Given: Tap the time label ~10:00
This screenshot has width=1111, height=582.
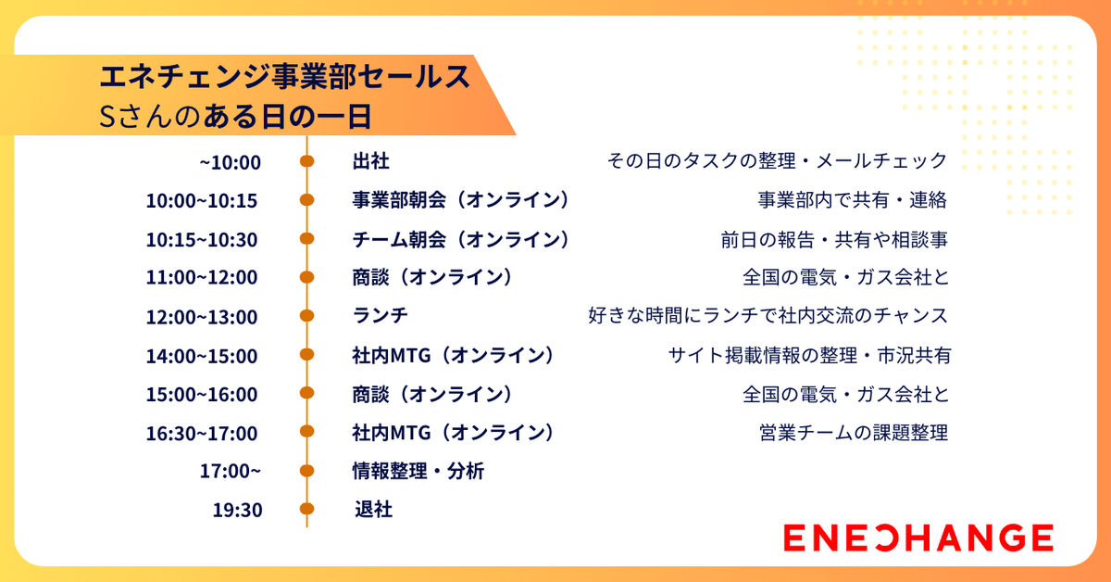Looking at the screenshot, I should (x=231, y=162).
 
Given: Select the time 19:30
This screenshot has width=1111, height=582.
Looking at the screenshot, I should (x=237, y=510).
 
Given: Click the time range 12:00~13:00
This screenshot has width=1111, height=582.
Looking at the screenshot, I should (x=202, y=317).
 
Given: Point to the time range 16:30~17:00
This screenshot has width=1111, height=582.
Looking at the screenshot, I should (x=202, y=433).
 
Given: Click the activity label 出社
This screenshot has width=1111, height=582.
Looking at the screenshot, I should (x=370, y=161).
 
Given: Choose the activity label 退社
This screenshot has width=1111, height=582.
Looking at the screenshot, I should (x=373, y=510).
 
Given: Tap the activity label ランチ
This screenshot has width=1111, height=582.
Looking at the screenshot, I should (x=380, y=316).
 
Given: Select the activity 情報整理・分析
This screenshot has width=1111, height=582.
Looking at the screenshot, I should (x=418, y=471).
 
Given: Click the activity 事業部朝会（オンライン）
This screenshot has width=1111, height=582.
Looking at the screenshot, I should (x=460, y=200).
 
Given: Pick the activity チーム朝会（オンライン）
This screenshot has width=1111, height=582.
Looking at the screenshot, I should (x=460, y=239).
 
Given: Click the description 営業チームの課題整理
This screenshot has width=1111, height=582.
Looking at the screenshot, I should (x=853, y=433).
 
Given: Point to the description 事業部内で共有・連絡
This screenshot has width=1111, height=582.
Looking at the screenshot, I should (x=852, y=200).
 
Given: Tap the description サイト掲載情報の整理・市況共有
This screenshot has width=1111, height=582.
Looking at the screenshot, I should (x=809, y=355).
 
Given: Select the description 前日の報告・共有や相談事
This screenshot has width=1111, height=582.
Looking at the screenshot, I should (x=834, y=239).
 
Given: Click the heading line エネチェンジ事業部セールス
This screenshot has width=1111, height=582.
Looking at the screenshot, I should (x=285, y=77).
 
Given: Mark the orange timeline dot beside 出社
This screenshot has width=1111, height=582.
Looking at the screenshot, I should (x=307, y=161).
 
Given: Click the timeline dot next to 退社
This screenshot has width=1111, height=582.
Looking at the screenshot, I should (x=307, y=509).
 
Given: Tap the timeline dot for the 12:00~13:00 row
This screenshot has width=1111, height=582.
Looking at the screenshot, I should (x=307, y=316).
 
